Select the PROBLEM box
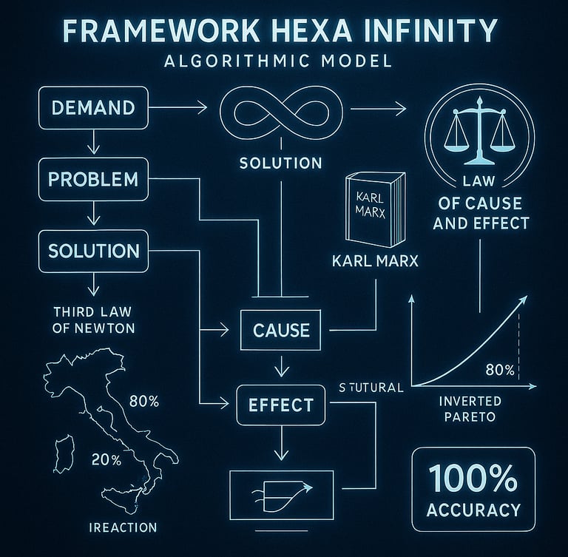click(x=93, y=179)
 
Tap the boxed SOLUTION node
click(x=93, y=250)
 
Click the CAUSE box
click(x=281, y=330)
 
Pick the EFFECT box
click(x=280, y=405)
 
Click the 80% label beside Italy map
click(x=144, y=402)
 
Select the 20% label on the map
click(x=106, y=459)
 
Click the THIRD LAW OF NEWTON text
click(x=93, y=319)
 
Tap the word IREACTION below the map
click(x=122, y=527)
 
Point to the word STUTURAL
click(x=370, y=387)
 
